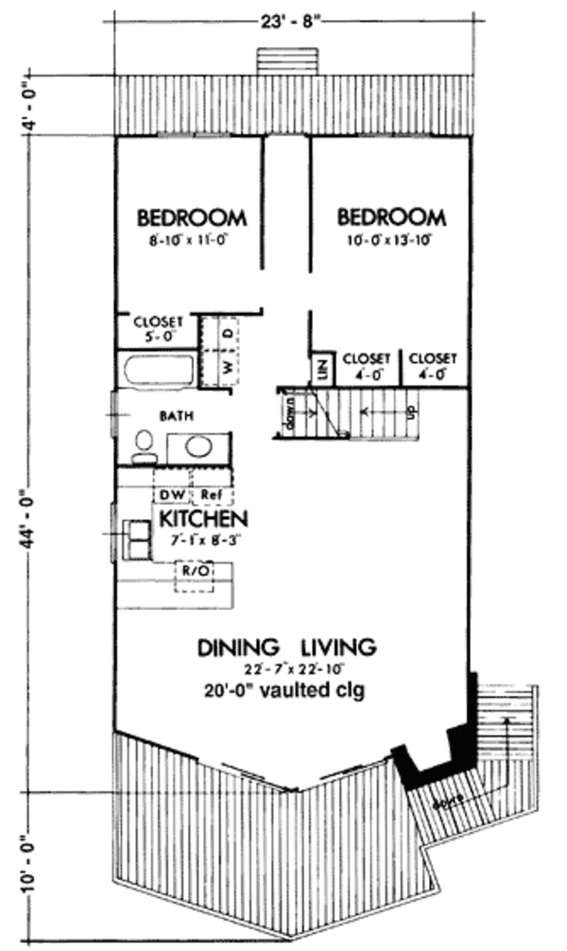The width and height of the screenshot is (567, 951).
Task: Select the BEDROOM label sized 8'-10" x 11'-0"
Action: click(x=192, y=217)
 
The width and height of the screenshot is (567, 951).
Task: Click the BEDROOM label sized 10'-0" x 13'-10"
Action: click(x=392, y=217)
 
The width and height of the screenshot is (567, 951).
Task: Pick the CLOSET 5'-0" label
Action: click(x=157, y=326)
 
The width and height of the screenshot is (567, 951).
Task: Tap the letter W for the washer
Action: click(x=228, y=365)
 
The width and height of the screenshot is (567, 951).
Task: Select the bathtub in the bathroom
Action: click(x=156, y=370)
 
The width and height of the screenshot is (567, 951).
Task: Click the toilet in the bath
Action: click(x=145, y=445)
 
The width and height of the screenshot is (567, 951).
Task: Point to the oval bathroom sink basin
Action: click(x=198, y=446)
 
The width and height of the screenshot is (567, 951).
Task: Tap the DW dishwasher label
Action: click(x=172, y=494)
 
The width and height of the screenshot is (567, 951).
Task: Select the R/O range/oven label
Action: click(x=194, y=571)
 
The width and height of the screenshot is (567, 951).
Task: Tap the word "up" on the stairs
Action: click(x=409, y=413)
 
